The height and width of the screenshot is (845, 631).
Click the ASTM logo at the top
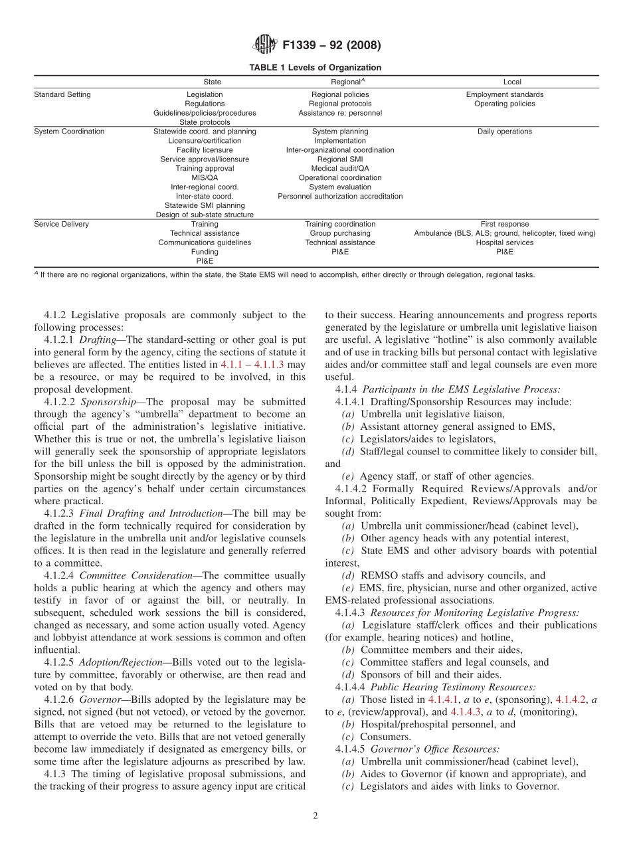point(264,45)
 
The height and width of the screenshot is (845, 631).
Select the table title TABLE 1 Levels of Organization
point(315,68)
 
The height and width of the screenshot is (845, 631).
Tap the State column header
point(213,82)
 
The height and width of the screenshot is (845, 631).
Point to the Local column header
point(512,82)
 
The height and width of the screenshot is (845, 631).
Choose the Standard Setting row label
point(62,94)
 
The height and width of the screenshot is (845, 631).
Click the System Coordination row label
point(69,132)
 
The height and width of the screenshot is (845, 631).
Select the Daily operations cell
point(504,132)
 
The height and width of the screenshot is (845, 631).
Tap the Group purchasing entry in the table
point(340,233)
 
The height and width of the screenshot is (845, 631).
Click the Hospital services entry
point(504,242)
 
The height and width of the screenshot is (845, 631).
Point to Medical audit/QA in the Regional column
point(340,169)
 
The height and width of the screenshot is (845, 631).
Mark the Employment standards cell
point(504,94)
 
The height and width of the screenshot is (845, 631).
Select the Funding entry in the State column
point(205,252)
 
